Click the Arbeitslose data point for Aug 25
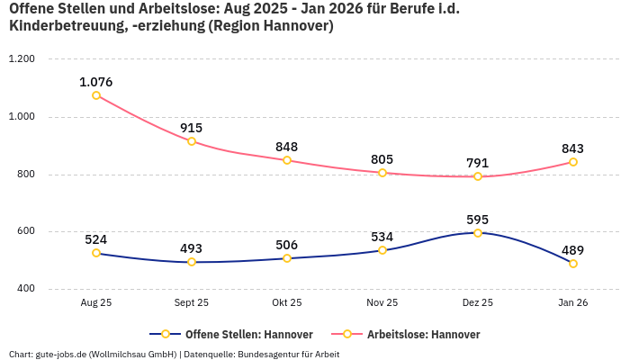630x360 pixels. click(x=96, y=94)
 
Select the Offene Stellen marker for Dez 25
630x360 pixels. click(x=478, y=233)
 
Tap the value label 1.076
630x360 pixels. click(x=96, y=82)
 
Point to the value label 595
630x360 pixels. click(x=478, y=220)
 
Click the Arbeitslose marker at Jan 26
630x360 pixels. click(x=573, y=162)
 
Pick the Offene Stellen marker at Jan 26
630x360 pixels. click(x=573, y=264)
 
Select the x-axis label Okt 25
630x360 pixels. click(x=287, y=303)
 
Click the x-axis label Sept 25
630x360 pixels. click(x=192, y=303)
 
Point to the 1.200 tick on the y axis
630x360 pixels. click(x=21, y=59)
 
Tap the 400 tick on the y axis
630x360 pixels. click(x=24, y=289)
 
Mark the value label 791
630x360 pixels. click(x=478, y=163)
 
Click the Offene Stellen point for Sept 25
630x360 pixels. click(x=192, y=262)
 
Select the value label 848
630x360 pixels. click(x=287, y=147)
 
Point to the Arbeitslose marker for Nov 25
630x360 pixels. click(x=382, y=173)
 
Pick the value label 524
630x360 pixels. click(x=96, y=239)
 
